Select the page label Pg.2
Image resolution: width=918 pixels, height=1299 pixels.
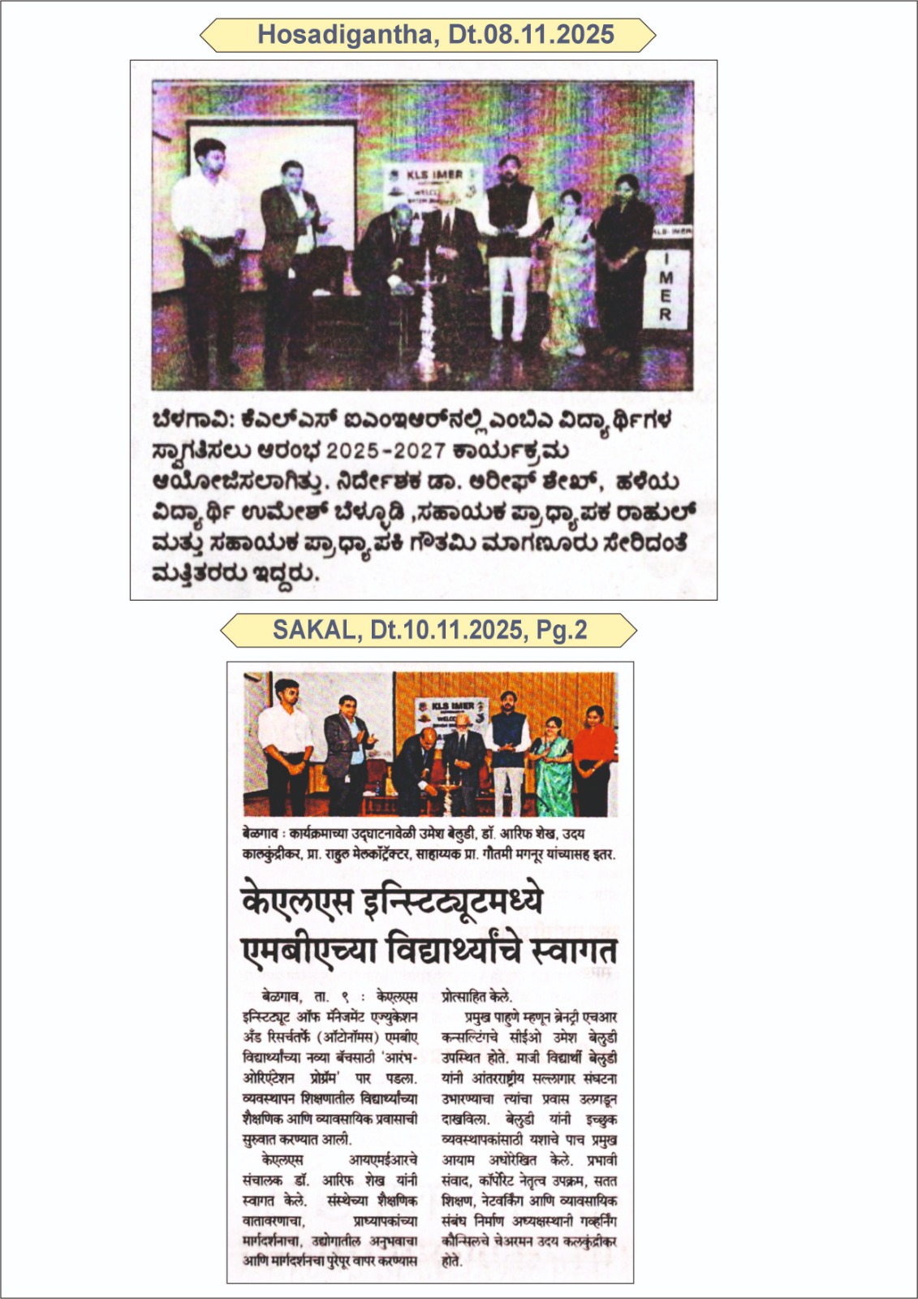pos(561,630)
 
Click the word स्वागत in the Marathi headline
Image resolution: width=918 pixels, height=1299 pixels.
pos(573,950)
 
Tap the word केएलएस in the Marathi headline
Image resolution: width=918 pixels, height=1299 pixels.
pos(297,901)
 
